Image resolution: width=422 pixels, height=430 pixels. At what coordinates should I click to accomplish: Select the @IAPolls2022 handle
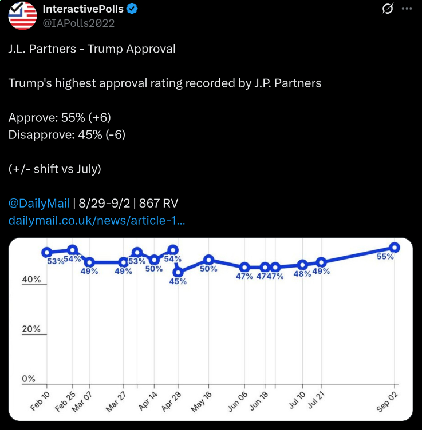point(79,23)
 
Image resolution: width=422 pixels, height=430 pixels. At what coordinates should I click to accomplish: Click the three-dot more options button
point(407,9)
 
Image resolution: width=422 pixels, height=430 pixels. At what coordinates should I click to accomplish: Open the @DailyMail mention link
point(39,203)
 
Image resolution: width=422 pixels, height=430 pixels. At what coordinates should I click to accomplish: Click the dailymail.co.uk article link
point(97,220)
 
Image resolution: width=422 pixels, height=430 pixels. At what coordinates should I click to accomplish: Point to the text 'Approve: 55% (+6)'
point(60,117)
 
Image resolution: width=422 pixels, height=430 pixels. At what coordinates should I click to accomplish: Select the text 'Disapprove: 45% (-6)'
point(67,134)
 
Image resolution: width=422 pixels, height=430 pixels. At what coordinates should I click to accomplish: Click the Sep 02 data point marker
point(395,247)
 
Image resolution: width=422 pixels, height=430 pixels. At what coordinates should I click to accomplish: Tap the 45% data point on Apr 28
point(179,272)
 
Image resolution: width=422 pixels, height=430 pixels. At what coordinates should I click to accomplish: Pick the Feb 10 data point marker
point(47,252)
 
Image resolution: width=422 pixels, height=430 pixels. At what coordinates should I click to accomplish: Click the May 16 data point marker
point(209,260)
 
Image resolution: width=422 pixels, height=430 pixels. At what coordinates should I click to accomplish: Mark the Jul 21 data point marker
point(321,262)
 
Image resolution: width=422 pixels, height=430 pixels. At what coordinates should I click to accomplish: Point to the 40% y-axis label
point(31,280)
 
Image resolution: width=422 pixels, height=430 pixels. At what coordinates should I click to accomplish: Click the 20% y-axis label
point(31,329)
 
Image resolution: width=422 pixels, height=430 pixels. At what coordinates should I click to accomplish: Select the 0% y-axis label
point(29,379)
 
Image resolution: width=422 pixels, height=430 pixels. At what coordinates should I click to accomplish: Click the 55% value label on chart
point(385,257)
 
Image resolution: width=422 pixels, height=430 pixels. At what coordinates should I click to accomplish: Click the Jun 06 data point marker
point(244,267)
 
